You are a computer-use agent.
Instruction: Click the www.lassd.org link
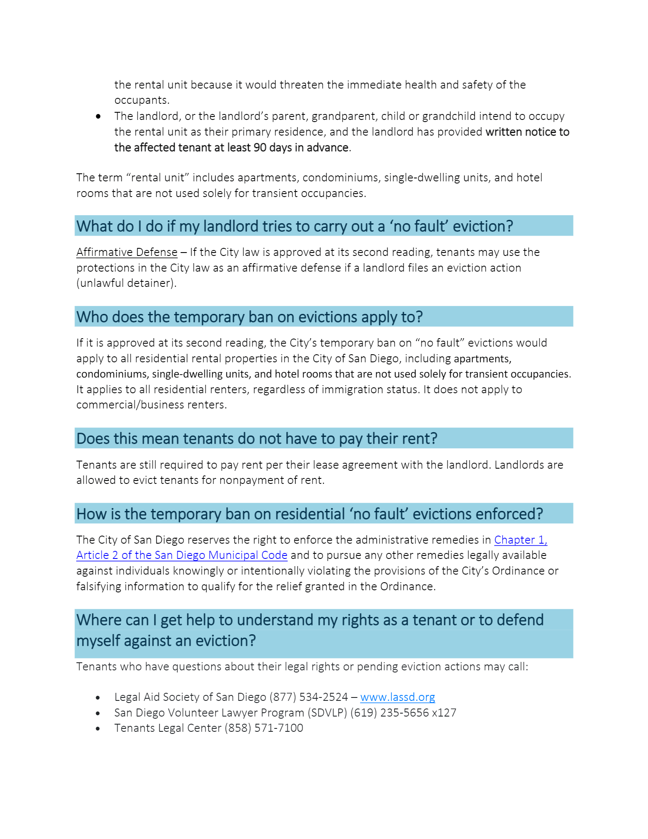click(x=397, y=697)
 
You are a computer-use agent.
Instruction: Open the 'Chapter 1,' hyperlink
click(x=521, y=540)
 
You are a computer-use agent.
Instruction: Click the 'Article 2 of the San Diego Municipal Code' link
click(x=182, y=555)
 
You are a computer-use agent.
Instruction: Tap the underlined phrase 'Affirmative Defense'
click(x=127, y=252)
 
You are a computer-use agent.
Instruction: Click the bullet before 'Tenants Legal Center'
click(x=98, y=729)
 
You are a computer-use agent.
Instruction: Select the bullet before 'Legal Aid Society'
click(x=98, y=697)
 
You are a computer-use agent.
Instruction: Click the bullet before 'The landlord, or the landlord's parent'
click(x=98, y=116)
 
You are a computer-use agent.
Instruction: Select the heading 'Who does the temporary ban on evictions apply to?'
click(x=249, y=317)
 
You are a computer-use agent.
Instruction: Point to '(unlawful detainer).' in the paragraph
click(x=126, y=283)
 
